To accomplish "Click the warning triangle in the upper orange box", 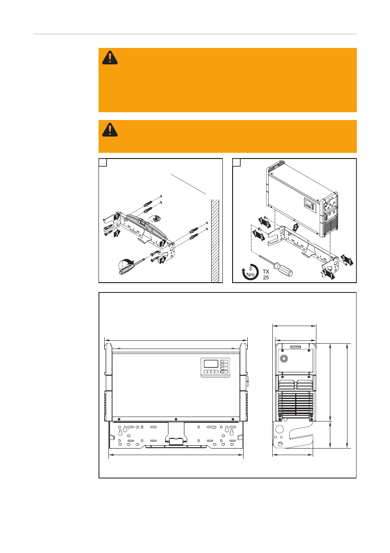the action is point(110,58).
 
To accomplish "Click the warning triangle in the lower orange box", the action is point(110,130).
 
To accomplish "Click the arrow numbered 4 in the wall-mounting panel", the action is point(162,259).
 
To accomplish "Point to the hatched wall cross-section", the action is point(215,241).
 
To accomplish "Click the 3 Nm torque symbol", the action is point(250,272).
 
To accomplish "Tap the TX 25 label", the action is point(266,274).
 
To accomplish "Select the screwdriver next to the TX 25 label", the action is point(276,265).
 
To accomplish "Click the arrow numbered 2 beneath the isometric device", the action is point(295,227).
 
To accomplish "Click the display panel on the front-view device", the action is point(215,367).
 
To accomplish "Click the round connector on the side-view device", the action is point(284,358).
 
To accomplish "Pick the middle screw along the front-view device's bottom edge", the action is point(176,419).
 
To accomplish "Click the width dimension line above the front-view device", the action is point(176,340).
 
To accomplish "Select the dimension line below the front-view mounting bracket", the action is point(176,455).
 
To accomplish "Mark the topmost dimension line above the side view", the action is point(294,326).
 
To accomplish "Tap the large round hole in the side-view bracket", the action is point(280,429).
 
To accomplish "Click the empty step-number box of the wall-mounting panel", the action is point(103,163).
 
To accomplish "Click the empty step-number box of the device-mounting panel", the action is point(237,163).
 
